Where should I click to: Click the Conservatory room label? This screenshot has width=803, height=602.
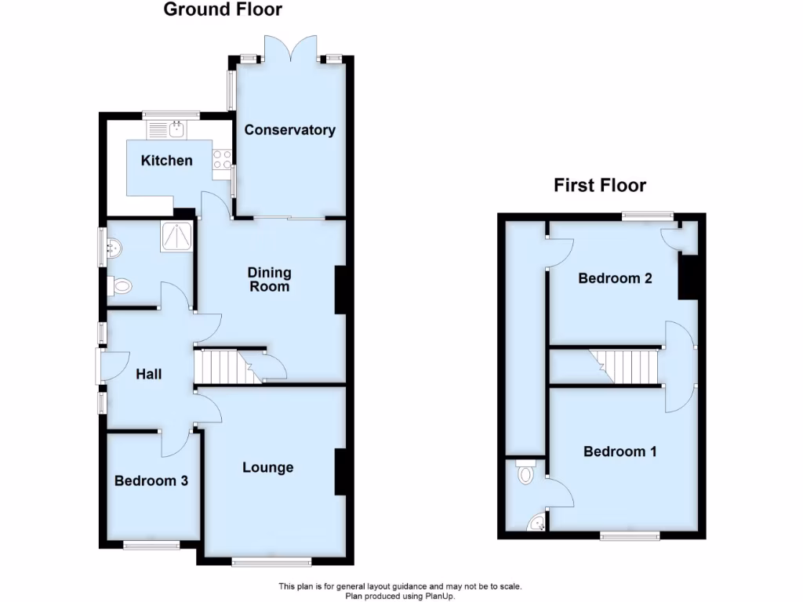pyautogui.click(x=289, y=130)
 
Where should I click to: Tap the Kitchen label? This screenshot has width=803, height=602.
pyautogui.click(x=166, y=161)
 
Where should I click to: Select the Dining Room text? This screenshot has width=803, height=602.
pyautogui.click(x=269, y=280)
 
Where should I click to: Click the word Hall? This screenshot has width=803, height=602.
pyautogui.click(x=149, y=375)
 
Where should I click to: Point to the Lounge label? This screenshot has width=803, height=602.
pyautogui.click(x=267, y=468)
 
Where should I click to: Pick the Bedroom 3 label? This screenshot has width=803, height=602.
pyautogui.click(x=151, y=481)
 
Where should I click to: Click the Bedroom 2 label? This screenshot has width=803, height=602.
pyautogui.click(x=616, y=278)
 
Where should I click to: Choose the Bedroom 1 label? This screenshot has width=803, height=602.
pyautogui.click(x=620, y=451)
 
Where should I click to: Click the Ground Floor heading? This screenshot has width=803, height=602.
pyautogui.click(x=223, y=10)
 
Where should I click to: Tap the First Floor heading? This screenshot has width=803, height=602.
pyautogui.click(x=600, y=186)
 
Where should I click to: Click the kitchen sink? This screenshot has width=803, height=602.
pyautogui.click(x=177, y=127)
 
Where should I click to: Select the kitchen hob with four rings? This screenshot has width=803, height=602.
pyautogui.click(x=222, y=160)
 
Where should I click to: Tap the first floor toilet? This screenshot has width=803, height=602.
pyautogui.click(x=525, y=473)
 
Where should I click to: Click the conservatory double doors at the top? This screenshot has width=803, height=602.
pyautogui.click(x=289, y=49)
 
